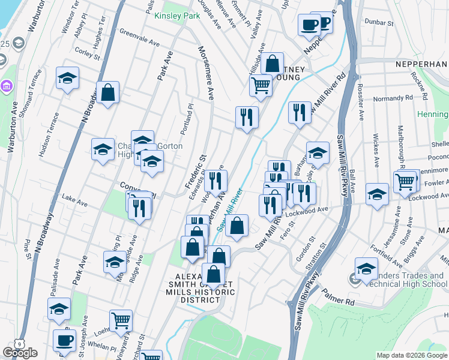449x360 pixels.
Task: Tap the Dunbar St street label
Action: (380, 23)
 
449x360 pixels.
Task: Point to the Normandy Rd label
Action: (393, 97)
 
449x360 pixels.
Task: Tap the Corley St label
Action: (88, 54)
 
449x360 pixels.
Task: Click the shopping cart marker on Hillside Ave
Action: (261, 85)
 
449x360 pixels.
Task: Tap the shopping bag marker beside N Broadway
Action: (108, 93)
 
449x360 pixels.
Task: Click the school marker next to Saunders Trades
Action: (366, 269)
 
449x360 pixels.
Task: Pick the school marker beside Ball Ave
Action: (377, 194)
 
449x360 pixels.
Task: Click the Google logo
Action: (20, 353)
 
